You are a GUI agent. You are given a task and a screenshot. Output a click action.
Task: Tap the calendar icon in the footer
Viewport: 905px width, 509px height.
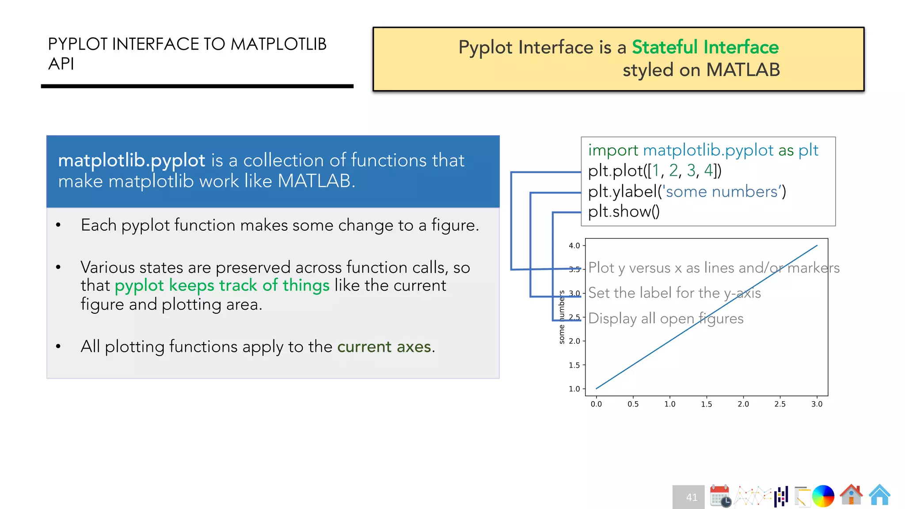click(x=720, y=496)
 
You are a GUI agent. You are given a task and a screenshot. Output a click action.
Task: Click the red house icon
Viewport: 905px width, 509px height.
click(x=851, y=494)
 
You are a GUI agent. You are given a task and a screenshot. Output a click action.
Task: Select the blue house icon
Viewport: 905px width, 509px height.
click(x=879, y=494)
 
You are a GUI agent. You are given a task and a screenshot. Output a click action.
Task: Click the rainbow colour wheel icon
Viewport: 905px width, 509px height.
click(x=823, y=496)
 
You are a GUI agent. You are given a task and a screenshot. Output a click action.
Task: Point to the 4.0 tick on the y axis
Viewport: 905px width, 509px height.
click(x=574, y=246)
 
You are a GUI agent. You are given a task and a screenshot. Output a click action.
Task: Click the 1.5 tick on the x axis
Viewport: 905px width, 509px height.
click(x=706, y=404)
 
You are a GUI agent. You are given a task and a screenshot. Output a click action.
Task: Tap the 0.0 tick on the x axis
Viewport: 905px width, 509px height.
click(x=596, y=404)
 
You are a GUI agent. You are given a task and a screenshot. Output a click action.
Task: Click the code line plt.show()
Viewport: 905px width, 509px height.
click(x=624, y=212)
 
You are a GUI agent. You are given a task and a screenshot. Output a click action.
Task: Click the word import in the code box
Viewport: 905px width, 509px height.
click(x=613, y=151)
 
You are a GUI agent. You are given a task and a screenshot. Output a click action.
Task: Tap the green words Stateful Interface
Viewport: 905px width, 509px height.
click(x=705, y=47)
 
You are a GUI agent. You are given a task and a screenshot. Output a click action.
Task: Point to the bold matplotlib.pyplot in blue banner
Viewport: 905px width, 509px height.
click(x=131, y=160)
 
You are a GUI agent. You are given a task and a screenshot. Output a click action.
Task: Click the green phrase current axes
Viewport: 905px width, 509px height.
click(x=384, y=347)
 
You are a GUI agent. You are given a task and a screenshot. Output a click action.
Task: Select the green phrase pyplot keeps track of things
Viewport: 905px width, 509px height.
click(x=222, y=285)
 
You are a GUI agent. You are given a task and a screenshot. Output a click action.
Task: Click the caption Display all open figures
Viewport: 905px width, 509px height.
click(x=665, y=319)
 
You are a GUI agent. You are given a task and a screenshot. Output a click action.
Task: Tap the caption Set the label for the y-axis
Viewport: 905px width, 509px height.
click(x=674, y=293)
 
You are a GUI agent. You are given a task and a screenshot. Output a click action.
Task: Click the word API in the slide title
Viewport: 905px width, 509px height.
click(x=61, y=64)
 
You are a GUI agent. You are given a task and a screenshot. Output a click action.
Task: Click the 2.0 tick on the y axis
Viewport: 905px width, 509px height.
click(x=574, y=341)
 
